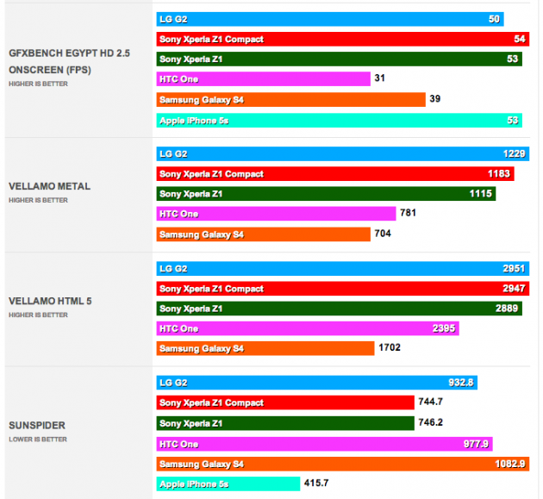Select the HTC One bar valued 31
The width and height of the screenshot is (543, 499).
(x=263, y=78)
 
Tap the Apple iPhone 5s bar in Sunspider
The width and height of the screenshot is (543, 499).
(x=228, y=483)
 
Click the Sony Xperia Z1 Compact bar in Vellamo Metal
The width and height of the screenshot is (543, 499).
(x=335, y=174)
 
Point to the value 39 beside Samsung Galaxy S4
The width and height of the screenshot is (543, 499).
(x=435, y=99)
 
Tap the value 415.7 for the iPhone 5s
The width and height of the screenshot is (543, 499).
(x=316, y=483)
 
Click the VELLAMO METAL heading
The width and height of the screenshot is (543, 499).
(x=49, y=186)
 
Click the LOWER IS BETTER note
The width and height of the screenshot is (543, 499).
(x=37, y=440)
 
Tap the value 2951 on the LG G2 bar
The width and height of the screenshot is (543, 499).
(x=514, y=268)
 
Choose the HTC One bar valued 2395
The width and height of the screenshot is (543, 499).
(x=307, y=328)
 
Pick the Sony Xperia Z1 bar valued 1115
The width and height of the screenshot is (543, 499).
(x=325, y=194)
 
